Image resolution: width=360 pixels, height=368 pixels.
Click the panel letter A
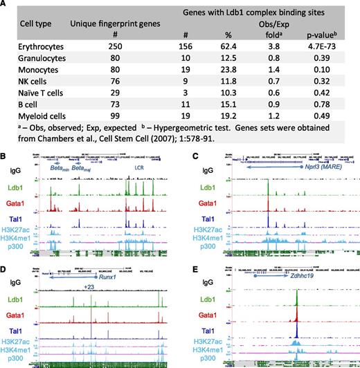click(x=6, y=6)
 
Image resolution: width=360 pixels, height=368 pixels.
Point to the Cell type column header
click(x=26, y=25)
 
